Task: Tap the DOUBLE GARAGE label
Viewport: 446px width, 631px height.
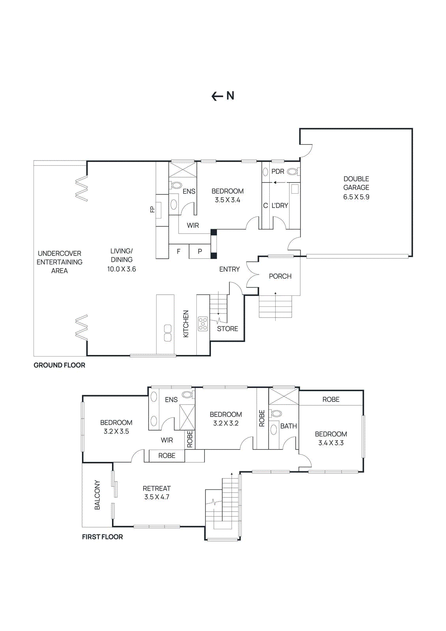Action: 356,183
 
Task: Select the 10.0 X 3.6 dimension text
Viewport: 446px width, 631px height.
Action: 121,269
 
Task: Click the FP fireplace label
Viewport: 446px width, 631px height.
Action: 153,209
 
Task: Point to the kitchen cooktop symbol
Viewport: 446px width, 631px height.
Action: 203,323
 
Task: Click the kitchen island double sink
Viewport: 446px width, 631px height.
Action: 168,333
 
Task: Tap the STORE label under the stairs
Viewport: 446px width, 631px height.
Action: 227,329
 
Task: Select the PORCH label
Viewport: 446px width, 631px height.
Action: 280,276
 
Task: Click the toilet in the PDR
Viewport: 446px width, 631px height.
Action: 292,172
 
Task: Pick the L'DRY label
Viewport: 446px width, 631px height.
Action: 280,205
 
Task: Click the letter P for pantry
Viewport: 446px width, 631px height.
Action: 200,251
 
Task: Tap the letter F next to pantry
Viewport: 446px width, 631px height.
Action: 179,251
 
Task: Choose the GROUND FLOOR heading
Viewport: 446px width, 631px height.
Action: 59,365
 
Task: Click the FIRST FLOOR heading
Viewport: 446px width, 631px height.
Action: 102,537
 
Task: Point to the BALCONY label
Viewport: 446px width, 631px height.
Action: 97,495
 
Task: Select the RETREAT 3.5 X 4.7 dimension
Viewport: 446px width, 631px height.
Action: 157,497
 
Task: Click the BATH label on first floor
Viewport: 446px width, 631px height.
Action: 288,426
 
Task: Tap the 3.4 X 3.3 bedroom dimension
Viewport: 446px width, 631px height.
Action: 331,443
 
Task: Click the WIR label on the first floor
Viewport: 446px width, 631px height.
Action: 167,440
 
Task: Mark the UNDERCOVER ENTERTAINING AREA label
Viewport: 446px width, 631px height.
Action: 60,262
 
